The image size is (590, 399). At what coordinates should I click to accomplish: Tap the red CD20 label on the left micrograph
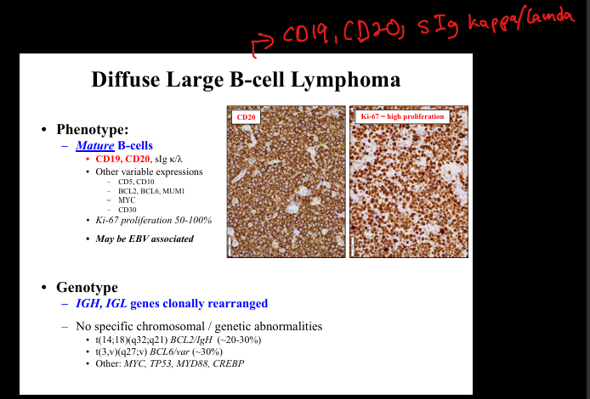click(246, 117)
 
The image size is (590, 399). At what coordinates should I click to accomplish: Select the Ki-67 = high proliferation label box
click(402, 116)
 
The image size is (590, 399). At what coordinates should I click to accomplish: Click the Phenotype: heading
click(93, 130)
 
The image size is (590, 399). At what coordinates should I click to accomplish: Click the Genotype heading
click(87, 288)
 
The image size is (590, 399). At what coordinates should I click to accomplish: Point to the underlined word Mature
click(95, 145)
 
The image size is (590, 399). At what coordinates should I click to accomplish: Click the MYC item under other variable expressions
click(127, 200)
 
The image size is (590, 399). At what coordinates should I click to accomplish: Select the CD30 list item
click(128, 210)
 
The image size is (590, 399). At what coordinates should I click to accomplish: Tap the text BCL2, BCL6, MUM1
click(151, 191)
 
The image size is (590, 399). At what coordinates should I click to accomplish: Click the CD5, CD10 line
click(136, 182)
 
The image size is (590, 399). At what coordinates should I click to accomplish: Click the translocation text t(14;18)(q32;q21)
click(131, 340)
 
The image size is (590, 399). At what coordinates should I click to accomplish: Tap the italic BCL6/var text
click(170, 351)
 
